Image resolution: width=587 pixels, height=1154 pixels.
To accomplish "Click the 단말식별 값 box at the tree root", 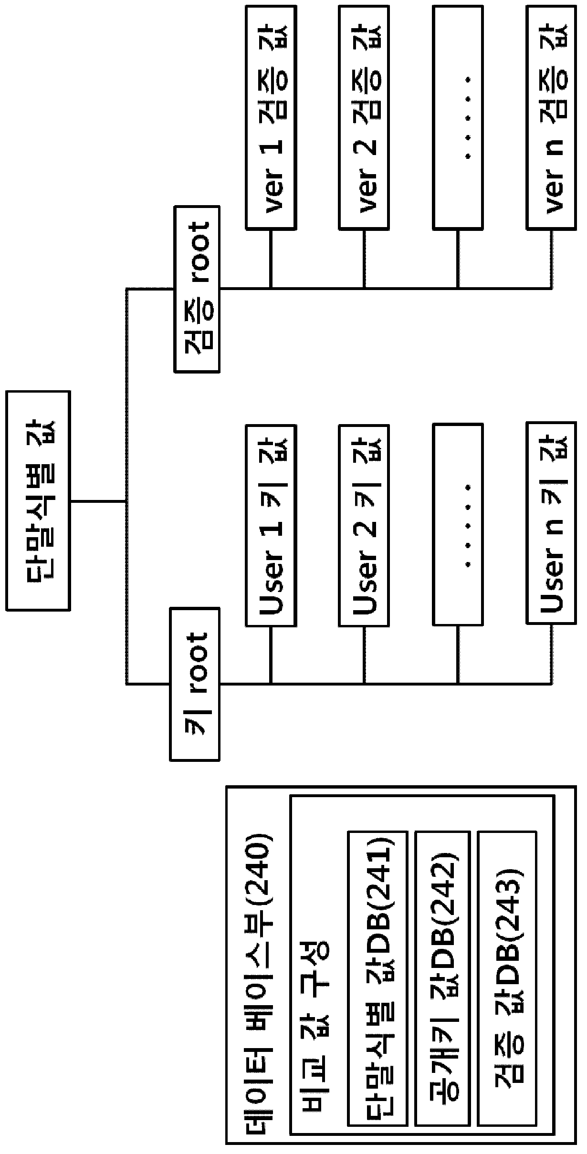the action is coord(38,500).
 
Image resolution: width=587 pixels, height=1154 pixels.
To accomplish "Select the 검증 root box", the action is coord(197,289).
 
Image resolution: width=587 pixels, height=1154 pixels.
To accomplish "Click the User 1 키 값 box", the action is coord(271,525).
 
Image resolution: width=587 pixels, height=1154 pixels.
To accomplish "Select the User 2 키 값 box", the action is coord(364,525).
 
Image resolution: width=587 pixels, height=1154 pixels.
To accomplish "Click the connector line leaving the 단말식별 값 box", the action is coord(98,501).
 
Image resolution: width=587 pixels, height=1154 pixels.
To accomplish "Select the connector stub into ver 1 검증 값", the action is coord(271,258).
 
